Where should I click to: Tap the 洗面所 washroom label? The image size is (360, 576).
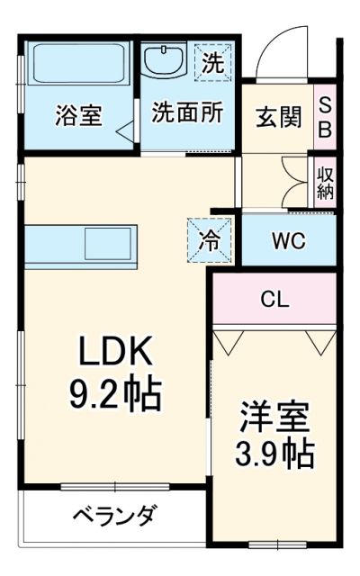coord(186,116)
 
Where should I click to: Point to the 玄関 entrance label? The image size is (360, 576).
coord(277,118)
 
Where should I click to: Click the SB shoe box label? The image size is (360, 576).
coord(325,118)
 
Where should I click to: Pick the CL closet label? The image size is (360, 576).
coord(274,300)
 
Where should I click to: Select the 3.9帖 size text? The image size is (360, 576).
coord(275,454)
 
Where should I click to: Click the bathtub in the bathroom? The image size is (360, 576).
coord(80,66)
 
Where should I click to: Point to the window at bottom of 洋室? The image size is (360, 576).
coord(276,545)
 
